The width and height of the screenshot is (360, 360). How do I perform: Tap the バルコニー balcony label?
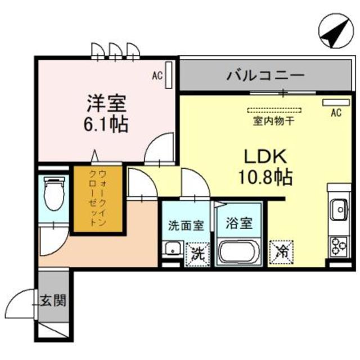(265, 75)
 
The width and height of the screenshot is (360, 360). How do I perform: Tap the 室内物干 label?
(265, 120)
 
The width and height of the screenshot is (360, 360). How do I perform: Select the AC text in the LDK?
(335, 113)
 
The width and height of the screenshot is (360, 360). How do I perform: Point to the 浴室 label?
(238, 223)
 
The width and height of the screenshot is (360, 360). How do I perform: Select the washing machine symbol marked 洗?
(196, 252)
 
